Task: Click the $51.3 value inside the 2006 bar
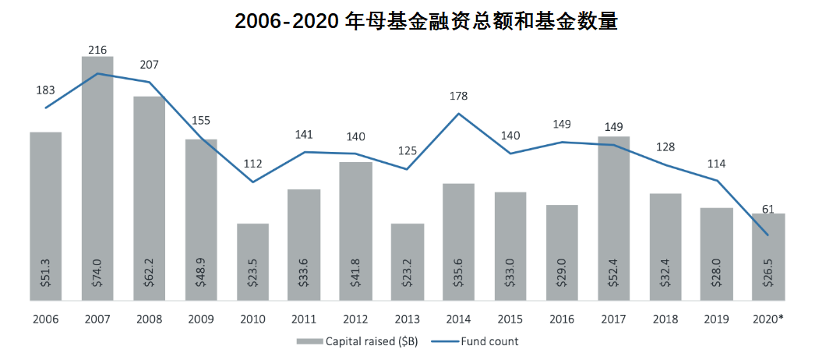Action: (46, 274)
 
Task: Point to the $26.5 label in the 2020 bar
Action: (768, 274)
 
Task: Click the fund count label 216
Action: (97, 50)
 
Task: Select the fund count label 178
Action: (459, 96)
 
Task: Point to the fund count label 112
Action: (252, 164)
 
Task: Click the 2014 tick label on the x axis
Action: (459, 319)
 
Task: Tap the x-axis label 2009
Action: (201, 319)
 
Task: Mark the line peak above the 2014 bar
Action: (459, 114)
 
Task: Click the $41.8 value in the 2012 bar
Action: (355, 274)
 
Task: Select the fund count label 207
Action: (150, 65)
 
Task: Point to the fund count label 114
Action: (716, 164)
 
